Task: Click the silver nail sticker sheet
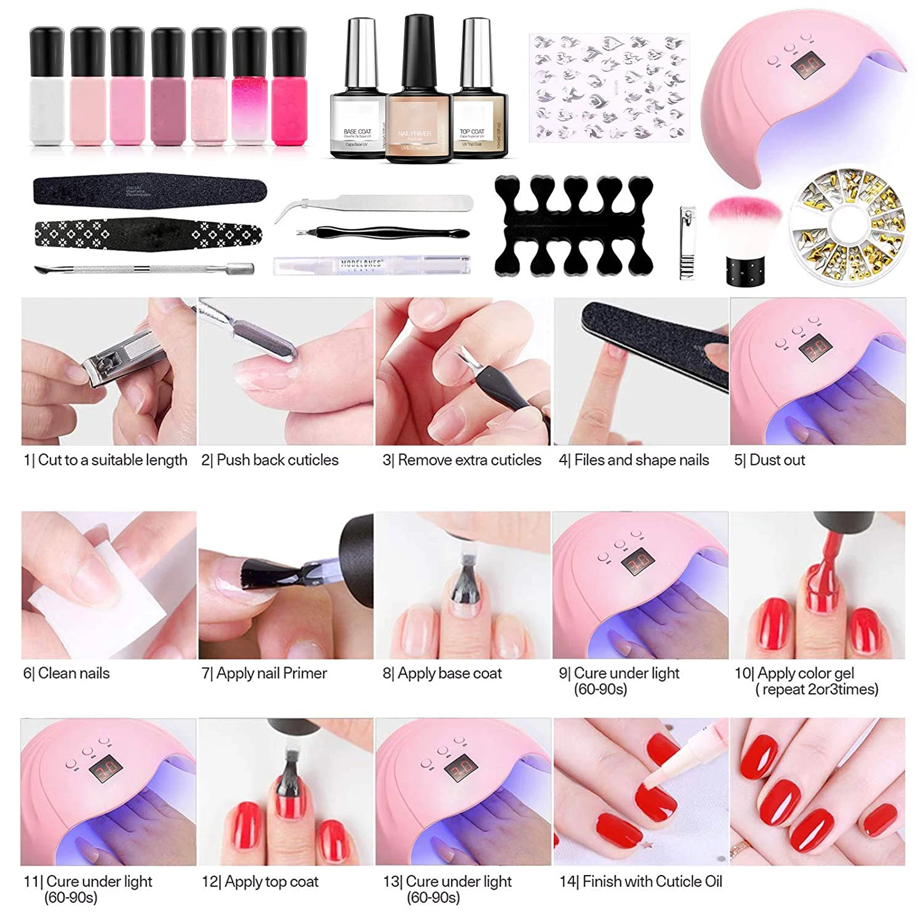click(x=609, y=87)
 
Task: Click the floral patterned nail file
click(x=148, y=234)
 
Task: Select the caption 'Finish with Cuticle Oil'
click(x=641, y=881)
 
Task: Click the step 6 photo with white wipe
click(x=109, y=585)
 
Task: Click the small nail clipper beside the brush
click(x=687, y=243)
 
